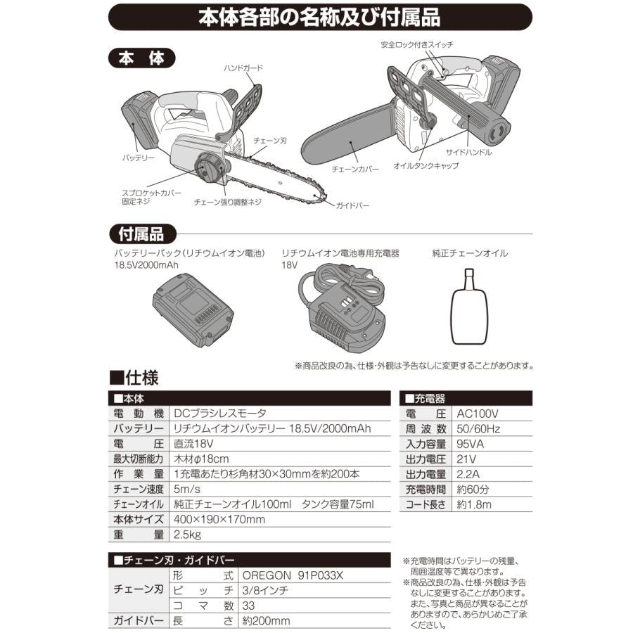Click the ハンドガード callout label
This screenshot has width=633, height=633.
pos(243,68)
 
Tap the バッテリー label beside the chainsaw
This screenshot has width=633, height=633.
pos(139,158)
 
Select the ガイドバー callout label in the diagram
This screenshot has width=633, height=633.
pos(352,205)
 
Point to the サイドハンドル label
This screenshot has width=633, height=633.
pos(468,152)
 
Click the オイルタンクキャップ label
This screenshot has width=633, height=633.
pos(426,165)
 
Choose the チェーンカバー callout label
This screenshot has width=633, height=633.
pos(355,169)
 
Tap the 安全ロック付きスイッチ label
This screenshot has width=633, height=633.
pos(417,44)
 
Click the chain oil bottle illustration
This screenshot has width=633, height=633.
pos(468,307)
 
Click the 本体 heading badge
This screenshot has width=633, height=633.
pos(141,58)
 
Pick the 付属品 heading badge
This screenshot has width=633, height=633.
pos(142,234)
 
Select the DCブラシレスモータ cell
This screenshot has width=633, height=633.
pos(220,414)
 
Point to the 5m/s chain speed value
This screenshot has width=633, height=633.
pos(187,490)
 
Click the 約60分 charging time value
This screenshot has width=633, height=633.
pos(473,490)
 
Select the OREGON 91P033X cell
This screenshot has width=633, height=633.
pos(293,575)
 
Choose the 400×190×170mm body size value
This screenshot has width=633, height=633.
pos(219,520)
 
